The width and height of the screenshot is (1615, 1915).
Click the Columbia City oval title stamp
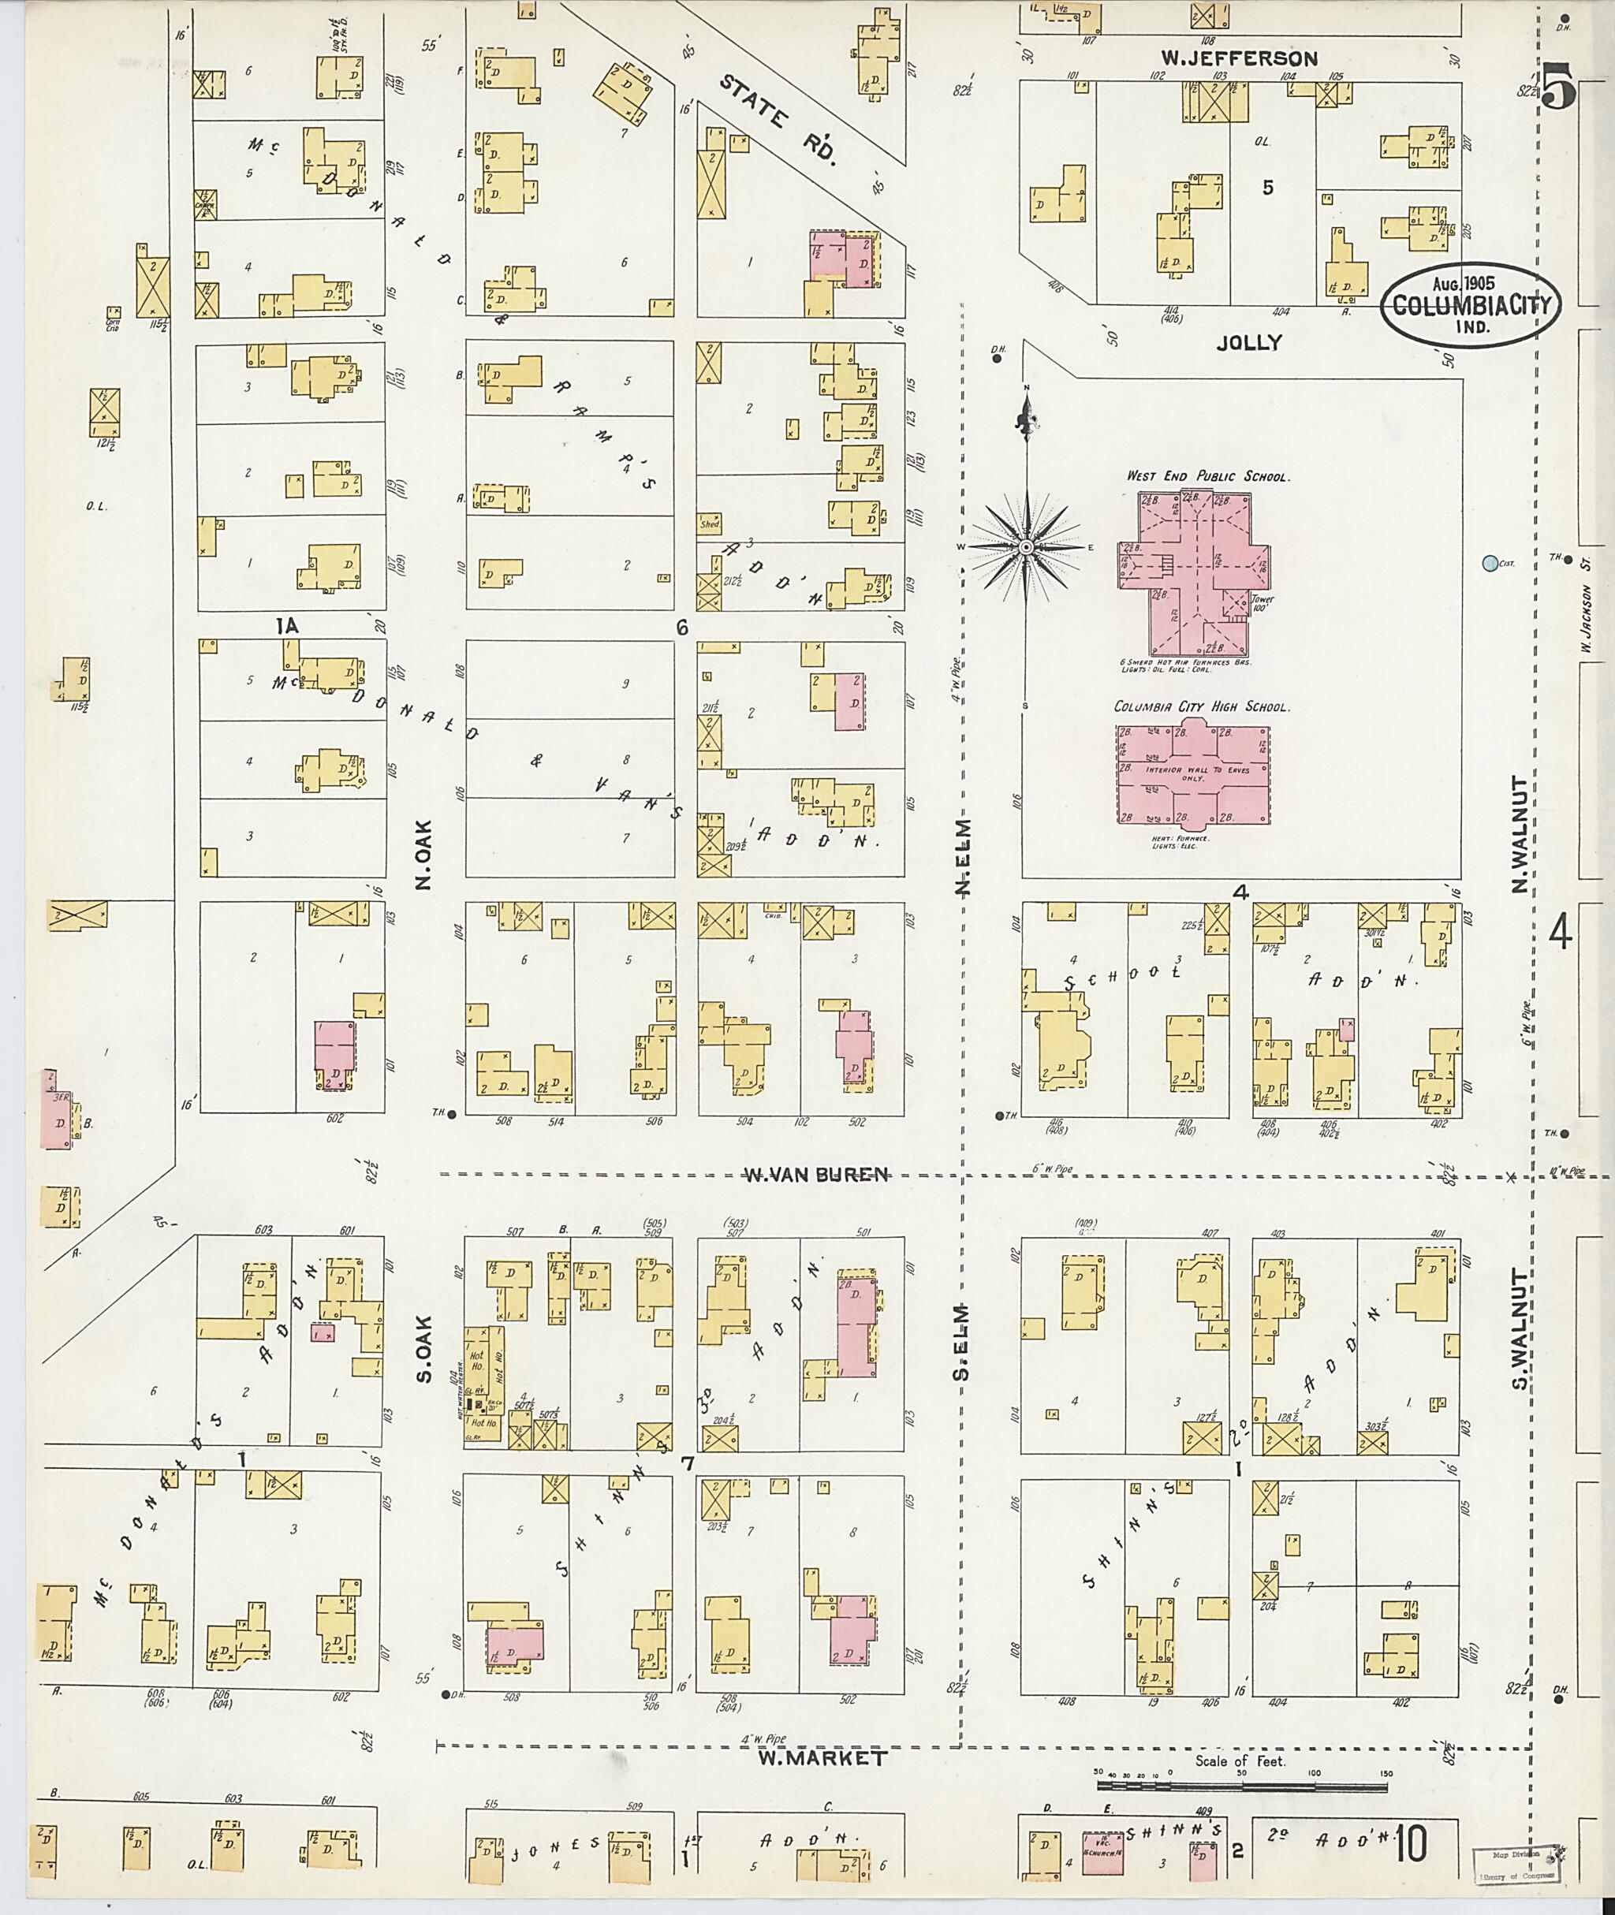[1471, 305]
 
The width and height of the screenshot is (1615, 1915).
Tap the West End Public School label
[1207, 477]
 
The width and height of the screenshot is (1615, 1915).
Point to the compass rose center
[1026, 547]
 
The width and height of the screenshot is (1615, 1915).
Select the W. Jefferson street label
[1240, 58]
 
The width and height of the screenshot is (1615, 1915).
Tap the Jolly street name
[1249, 342]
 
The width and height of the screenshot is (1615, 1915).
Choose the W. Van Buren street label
[815, 1175]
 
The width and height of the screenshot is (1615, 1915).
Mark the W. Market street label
[821, 1758]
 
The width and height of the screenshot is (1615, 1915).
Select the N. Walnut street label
[1520, 835]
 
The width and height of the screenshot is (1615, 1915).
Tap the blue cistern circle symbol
[1490, 564]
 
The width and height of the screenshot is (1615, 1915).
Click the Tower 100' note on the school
[1263, 604]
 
